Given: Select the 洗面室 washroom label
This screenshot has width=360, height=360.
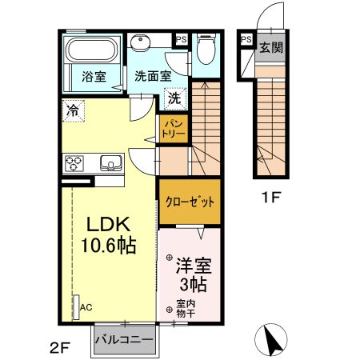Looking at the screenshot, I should pyautogui.click(x=152, y=78).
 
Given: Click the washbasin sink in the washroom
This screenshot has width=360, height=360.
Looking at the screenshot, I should pyautogui.click(x=142, y=43).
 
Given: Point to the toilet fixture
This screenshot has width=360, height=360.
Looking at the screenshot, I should pyautogui.click(x=206, y=50).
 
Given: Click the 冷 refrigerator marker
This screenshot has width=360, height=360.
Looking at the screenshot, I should pyautogui.click(x=74, y=109).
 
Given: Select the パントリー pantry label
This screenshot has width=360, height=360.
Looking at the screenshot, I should pyautogui.click(x=174, y=127).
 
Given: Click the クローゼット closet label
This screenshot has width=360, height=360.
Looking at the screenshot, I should pyautogui.click(x=190, y=201).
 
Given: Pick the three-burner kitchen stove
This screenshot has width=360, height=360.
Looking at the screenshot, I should pyautogui.click(x=75, y=163).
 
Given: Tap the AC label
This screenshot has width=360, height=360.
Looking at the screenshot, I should pyautogui.click(x=86, y=306).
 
